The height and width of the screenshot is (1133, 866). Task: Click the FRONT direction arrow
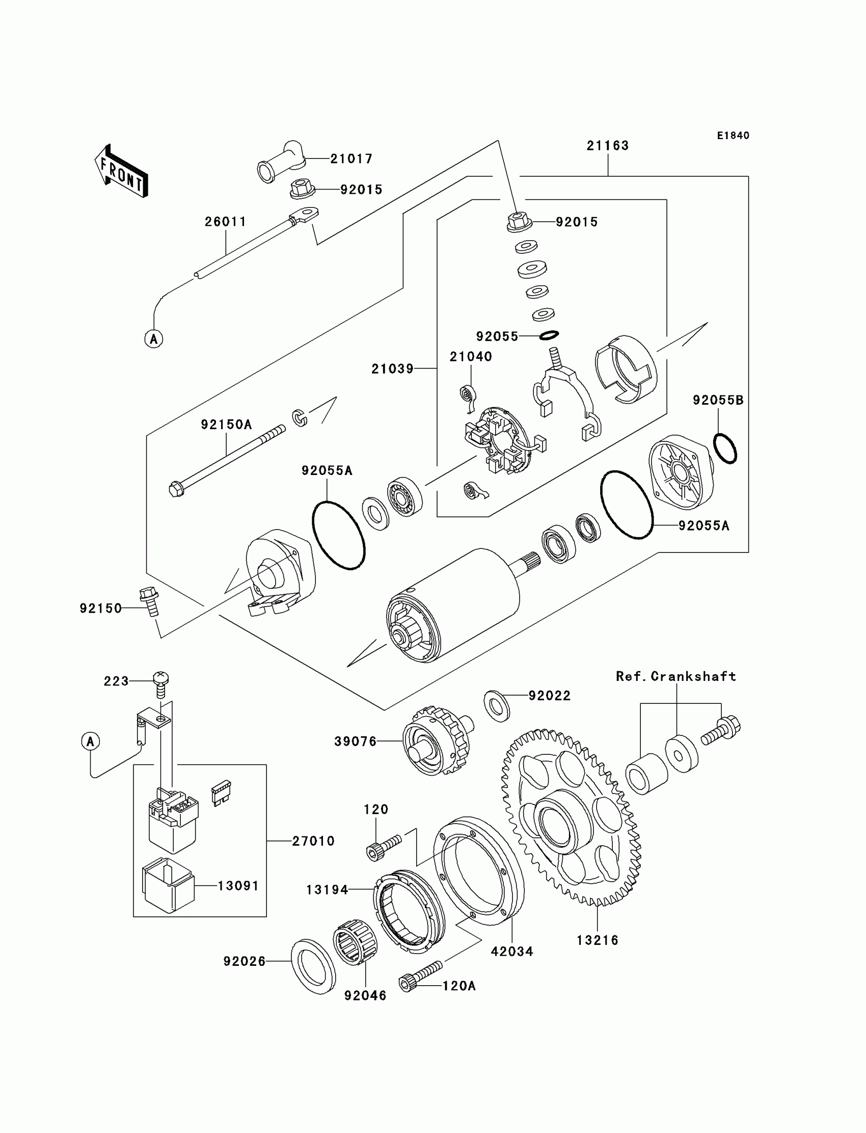point(122,172)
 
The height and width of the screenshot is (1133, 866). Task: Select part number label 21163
point(608,146)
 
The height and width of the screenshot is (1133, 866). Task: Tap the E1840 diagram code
point(733,136)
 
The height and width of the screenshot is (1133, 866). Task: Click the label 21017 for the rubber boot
point(351,159)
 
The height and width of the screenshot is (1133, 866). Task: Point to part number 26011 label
point(225,222)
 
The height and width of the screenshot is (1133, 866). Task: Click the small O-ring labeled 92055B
point(725,449)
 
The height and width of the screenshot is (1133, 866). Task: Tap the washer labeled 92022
point(497,705)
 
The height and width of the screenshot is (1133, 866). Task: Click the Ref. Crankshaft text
point(676,677)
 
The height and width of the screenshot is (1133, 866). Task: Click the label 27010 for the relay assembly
point(313,841)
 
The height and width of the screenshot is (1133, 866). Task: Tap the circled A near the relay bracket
point(91,742)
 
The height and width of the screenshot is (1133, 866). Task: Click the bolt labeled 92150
point(149,601)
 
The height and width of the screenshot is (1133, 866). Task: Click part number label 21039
point(392,368)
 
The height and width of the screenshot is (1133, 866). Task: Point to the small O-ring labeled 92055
point(549,336)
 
